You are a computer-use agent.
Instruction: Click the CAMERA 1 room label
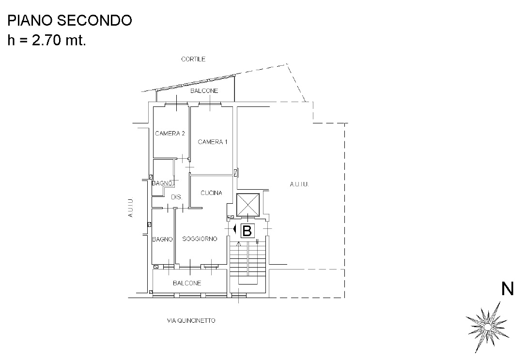click(x=213, y=142)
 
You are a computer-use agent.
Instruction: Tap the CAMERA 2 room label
click(x=170, y=134)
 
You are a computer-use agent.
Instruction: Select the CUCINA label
click(x=211, y=193)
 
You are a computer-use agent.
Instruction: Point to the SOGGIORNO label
click(x=200, y=239)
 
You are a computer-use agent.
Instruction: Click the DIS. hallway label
click(x=177, y=197)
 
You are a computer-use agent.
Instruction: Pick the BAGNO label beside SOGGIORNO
click(x=162, y=239)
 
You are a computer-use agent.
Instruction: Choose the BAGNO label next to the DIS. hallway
click(x=162, y=183)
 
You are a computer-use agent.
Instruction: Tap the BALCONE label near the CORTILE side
click(x=204, y=90)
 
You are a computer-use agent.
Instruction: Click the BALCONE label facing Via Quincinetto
click(x=187, y=283)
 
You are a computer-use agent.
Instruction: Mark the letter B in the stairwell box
click(x=247, y=231)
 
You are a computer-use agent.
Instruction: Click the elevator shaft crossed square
click(x=248, y=205)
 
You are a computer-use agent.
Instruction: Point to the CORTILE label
click(x=193, y=59)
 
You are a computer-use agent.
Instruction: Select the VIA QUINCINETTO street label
click(x=191, y=320)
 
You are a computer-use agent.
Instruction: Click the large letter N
click(x=507, y=289)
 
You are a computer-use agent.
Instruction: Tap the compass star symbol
click(x=487, y=327)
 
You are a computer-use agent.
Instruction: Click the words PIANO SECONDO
click(x=70, y=20)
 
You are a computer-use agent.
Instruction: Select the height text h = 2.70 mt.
click(x=47, y=40)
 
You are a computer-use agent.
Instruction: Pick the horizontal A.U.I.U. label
click(x=299, y=184)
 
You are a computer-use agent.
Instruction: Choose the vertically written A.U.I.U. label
click(x=131, y=207)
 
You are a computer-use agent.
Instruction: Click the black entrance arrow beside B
click(x=235, y=229)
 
